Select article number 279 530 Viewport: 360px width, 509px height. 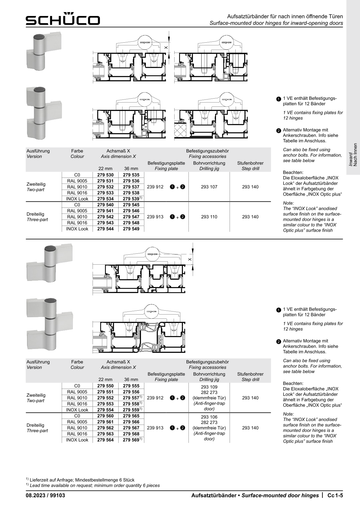(x=105, y=175)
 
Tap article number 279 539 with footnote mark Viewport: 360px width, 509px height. (x=132, y=199)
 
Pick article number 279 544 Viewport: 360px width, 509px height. (x=105, y=229)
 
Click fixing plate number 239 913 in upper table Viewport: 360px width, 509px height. (x=155, y=217)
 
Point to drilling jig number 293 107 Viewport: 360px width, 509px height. (x=209, y=187)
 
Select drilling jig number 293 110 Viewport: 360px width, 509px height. (x=209, y=217)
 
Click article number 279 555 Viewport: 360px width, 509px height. (x=131, y=386)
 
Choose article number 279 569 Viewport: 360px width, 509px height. (x=132, y=440)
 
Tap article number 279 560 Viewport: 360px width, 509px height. (x=105, y=416)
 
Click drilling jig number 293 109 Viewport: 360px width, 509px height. (x=209, y=387)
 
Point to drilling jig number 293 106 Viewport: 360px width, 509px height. (x=209, y=417)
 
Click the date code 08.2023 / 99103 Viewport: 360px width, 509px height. (x=45, y=495)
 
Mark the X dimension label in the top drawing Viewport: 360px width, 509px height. (x=166, y=47)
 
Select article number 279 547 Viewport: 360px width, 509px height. (x=131, y=217)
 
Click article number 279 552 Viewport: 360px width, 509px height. (x=105, y=398)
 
